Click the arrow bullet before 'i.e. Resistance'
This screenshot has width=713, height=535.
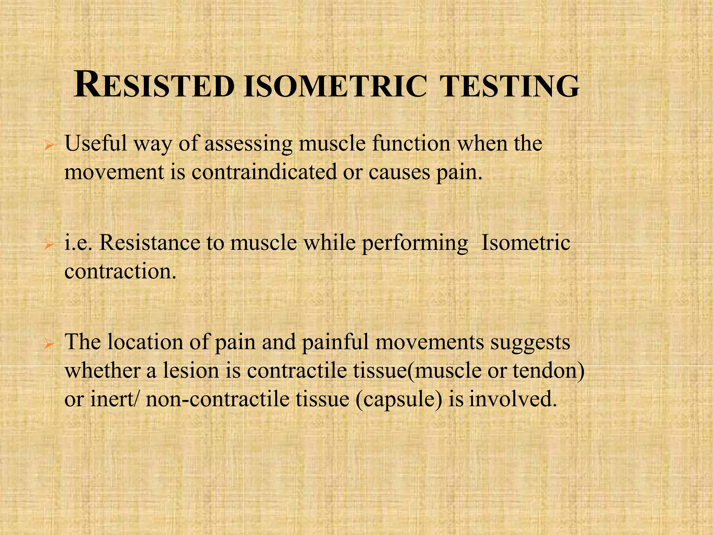(x=49, y=245)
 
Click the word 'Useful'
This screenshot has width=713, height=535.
(x=96, y=143)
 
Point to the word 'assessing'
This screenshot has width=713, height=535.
(x=248, y=144)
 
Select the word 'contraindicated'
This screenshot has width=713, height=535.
(x=264, y=172)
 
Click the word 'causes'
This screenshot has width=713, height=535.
(x=399, y=172)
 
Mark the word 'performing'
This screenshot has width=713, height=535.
(x=415, y=243)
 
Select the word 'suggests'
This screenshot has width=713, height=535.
(x=530, y=343)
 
